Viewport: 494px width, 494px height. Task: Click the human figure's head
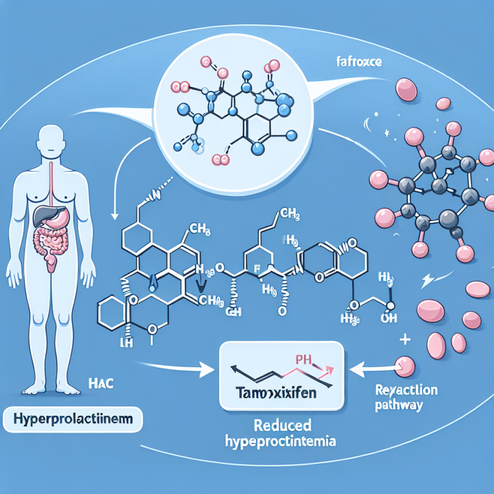point(51,138)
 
